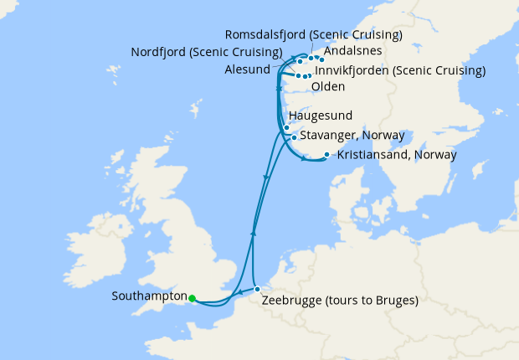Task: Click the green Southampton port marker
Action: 192,298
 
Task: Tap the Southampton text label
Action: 148,296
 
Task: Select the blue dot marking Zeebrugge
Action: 258,290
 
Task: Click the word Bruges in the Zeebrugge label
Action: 392,300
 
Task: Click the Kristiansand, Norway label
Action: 396,155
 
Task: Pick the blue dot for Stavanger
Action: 294,137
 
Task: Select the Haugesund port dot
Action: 286,128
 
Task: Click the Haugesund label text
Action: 320,116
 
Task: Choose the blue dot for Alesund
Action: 300,62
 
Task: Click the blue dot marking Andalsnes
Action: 321,59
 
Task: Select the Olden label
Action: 331,87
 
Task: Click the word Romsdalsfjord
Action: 265,35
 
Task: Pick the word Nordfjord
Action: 158,52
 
